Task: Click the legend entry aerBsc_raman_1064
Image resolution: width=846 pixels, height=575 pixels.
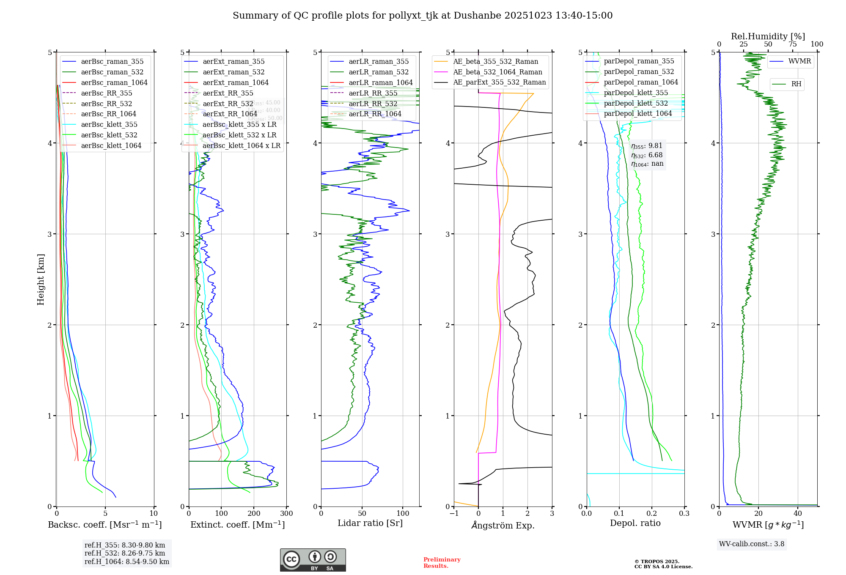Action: coord(114,82)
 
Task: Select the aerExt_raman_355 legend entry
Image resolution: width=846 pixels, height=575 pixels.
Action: coord(233,61)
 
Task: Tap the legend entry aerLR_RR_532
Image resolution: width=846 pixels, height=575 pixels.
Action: coord(373,104)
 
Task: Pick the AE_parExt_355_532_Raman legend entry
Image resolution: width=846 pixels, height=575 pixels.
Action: coord(499,82)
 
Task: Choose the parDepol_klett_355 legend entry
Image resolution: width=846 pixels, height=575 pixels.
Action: coord(635,93)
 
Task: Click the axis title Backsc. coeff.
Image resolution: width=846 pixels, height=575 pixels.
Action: coord(104,525)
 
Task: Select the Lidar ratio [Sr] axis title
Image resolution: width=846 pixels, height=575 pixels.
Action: coord(370,523)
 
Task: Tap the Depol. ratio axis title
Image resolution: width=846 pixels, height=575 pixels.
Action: coord(635,523)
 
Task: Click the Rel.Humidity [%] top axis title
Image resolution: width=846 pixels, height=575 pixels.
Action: coord(768,36)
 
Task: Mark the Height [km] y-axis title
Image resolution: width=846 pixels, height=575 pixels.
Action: coord(41,279)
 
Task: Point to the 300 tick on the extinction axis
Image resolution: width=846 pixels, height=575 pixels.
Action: coord(286,513)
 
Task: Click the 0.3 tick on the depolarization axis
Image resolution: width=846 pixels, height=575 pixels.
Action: coord(684,513)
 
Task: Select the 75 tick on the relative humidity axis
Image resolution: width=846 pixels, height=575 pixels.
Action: coord(792,44)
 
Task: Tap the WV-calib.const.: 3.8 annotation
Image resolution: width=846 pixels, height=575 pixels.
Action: coord(751,544)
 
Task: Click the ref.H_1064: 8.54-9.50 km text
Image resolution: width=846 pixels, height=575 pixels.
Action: coord(126,561)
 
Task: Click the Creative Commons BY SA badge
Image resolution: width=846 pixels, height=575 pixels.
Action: coord(313,560)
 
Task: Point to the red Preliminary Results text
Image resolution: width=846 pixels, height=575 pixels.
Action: coord(442,563)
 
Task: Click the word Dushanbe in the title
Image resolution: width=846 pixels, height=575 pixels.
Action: coord(479,16)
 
